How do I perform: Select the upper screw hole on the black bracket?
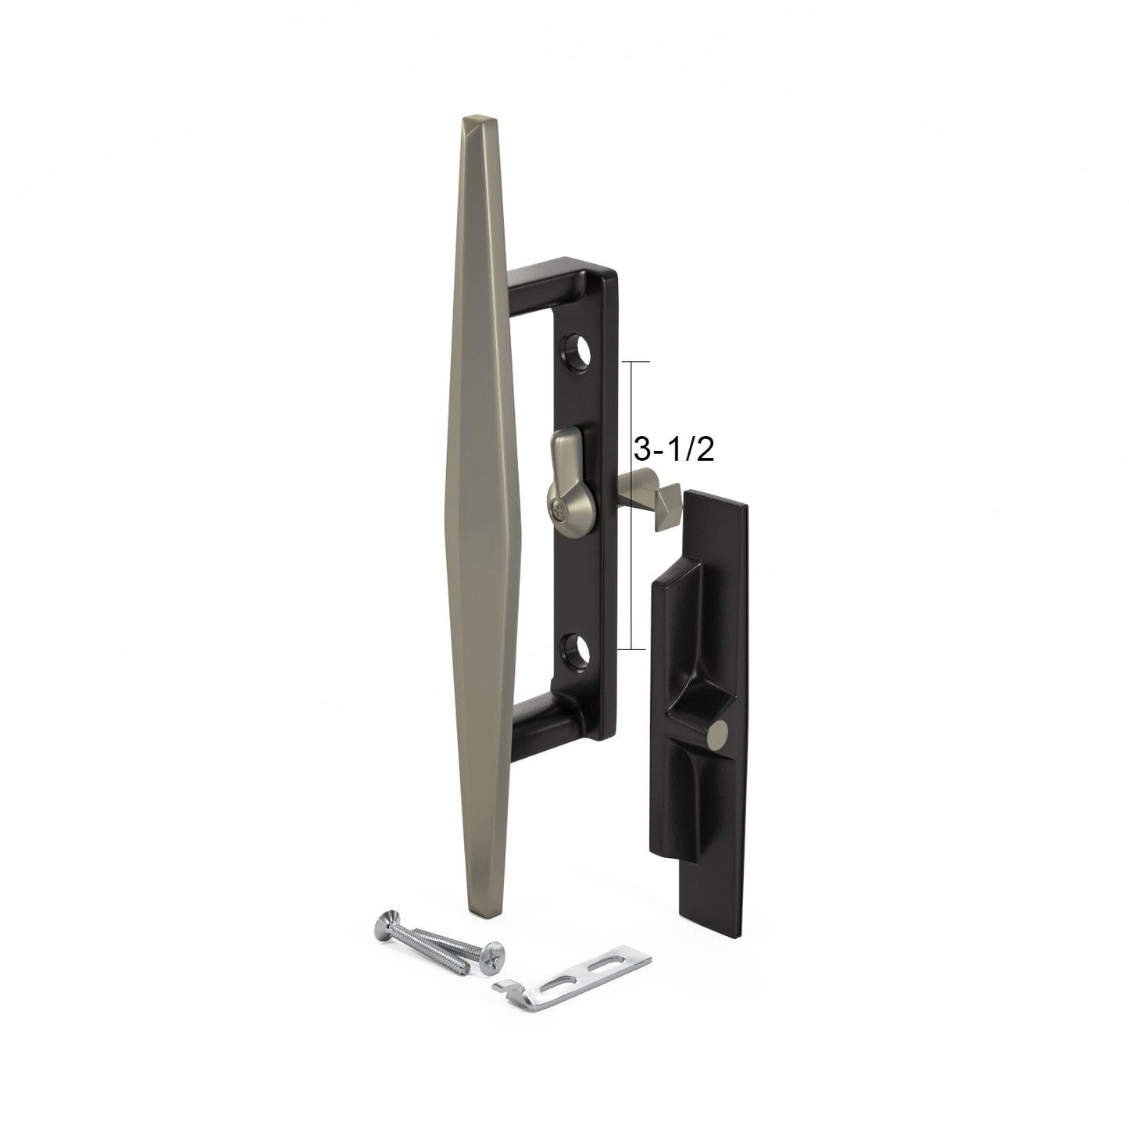[575, 354]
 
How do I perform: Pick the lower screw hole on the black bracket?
[575, 647]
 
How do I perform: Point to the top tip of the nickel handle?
[478, 120]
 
